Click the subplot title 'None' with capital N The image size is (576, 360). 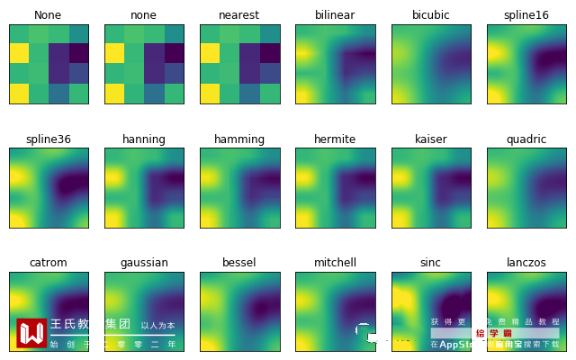pyautogui.click(x=49, y=15)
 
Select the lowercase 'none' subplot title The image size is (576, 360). pyautogui.click(x=144, y=15)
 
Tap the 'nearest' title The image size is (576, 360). pyautogui.click(x=239, y=15)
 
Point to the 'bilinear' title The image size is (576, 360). pyautogui.click(x=335, y=15)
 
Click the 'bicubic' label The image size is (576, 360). pyautogui.click(x=430, y=15)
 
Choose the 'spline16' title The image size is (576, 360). pyautogui.click(x=526, y=15)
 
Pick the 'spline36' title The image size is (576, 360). pyautogui.click(x=49, y=139)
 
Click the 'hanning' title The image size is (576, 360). pyautogui.click(x=144, y=139)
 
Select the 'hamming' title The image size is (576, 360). pyautogui.click(x=239, y=139)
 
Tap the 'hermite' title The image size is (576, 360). pyautogui.click(x=335, y=139)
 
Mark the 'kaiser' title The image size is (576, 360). pyautogui.click(x=430, y=139)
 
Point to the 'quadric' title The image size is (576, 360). pyautogui.click(x=526, y=139)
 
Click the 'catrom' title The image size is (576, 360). pyautogui.click(x=49, y=263)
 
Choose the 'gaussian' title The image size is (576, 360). pyautogui.click(x=144, y=263)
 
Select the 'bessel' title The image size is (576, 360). pyautogui.click(x=239, y=263)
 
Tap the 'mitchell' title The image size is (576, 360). pyautogui.click(x=335, y=263)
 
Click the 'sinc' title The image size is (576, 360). pyautogui.click(x=430, y=263)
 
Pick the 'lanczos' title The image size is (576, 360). pyautogui.click(x=526, y=263)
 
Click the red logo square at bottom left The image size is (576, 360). pyautogui.click(x=31, y=333)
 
